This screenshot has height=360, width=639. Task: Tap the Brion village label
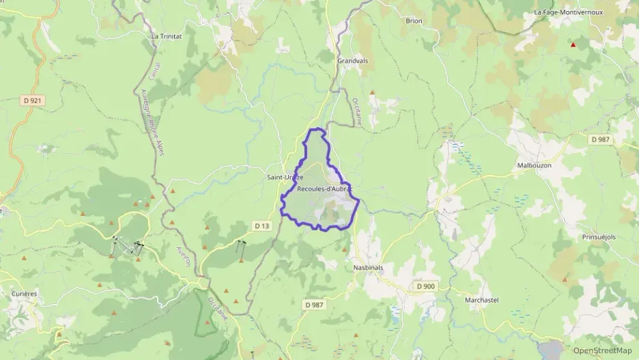[414, 21]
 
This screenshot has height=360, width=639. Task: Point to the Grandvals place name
[352, 61]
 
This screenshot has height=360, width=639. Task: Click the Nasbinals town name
[368, 267]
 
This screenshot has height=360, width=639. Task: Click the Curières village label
[25, 293]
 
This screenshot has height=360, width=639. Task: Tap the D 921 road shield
[31, 100]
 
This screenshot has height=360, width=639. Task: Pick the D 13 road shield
[262, 225]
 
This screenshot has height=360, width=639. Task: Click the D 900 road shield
[426, 286]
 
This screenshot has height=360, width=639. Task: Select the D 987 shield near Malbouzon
[600, 139]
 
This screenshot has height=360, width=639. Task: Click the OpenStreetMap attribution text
[602, 351]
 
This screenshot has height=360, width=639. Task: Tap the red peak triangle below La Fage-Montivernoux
[573, 46]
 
